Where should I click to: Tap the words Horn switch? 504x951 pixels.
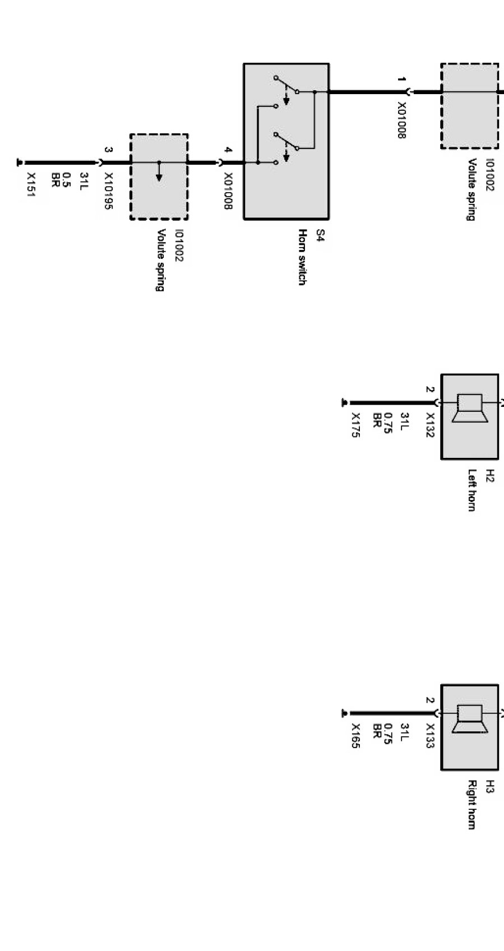(x=302, y=257)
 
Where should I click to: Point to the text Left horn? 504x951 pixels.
(x=471, y=490)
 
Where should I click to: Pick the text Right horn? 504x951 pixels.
(x=471, y=805)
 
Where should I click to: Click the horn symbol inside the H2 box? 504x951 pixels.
(x=470, y=409)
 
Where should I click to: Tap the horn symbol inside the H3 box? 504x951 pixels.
(x=470, y=719)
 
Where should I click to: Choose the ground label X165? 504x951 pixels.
(x=355, y=736)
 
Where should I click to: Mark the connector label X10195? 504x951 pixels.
(x=109, y=191)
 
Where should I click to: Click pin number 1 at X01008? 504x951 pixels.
(x=401, y=80)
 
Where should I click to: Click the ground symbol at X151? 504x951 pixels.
(x=20, y=163)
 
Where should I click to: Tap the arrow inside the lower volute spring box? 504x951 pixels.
(x=159, y=174)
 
